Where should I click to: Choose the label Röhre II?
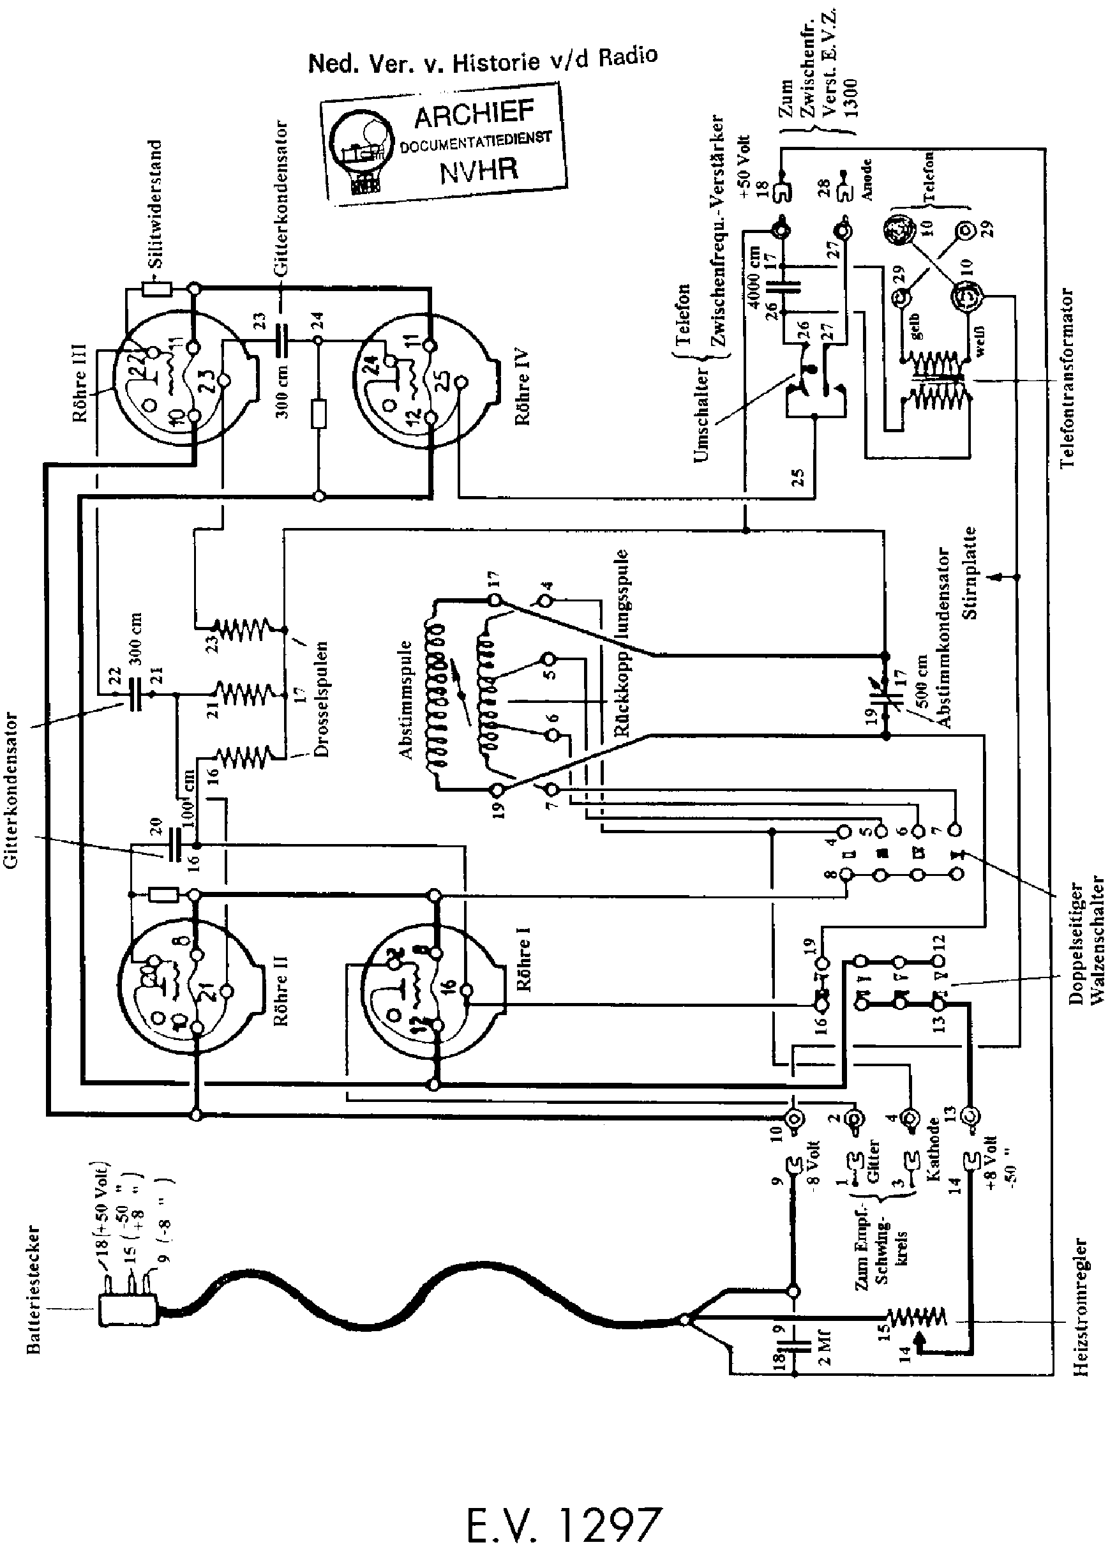pyautogui.click(x=281, y=991)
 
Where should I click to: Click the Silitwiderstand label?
pyautogui.click(x=156, y=204)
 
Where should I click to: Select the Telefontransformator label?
pyautogui.click(x=1066, y=379)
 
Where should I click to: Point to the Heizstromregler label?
pyautogui.click(x=1081, y=1307)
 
